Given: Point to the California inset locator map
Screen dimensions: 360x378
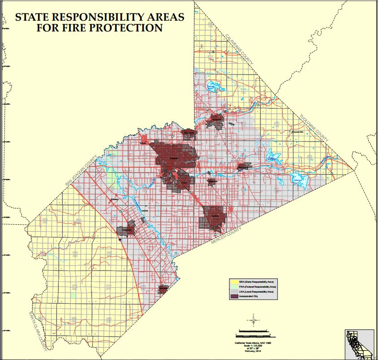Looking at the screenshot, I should pyautogui.click(x=359, y=344).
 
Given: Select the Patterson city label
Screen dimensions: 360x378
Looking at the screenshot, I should pyautogui.click(x=127, y=230).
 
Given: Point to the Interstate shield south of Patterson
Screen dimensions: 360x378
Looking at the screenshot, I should pyautogui.click(x=120, y=240).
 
